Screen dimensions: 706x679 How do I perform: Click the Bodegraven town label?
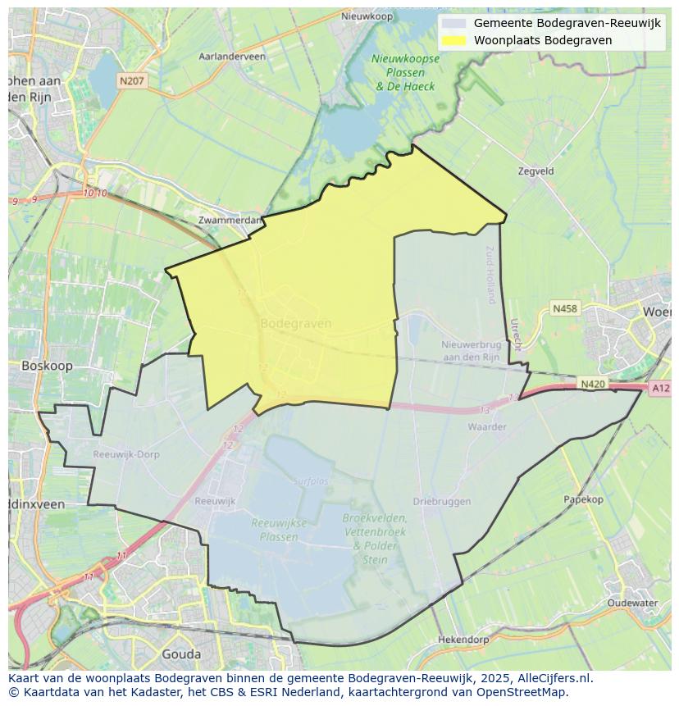(295, 323)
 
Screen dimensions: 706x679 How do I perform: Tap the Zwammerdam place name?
(230, 220)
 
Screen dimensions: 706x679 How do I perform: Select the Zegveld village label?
(536, 171)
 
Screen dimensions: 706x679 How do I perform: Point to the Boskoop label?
(47, 366)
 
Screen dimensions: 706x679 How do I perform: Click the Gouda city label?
(181, 654)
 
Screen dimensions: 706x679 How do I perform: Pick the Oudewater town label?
(632, 603)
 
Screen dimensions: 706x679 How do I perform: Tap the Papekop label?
(583, 499)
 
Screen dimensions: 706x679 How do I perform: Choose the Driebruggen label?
(441, 501)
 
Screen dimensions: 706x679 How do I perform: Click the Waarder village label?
(486, 426)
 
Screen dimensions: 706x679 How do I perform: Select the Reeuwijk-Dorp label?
(126, 454)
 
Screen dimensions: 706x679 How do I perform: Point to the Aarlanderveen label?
(232, 57)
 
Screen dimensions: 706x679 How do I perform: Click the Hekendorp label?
(463, 639)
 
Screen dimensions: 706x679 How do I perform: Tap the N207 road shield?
(131, 80)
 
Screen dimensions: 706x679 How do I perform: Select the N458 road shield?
(564, 308)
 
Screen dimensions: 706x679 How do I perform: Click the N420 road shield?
(593, 383)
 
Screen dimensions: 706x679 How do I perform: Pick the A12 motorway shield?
(659, 388)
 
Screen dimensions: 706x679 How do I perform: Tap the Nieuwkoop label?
(367, 16)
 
